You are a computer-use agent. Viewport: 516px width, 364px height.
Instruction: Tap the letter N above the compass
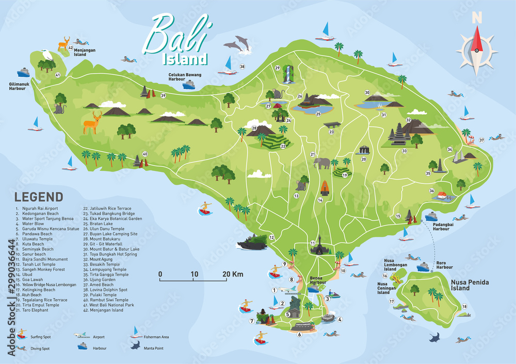coord(477,17)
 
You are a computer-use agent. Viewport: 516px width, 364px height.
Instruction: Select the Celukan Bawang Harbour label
coord(185,77)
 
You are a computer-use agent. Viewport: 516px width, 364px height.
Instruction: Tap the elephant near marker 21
coord(322,163)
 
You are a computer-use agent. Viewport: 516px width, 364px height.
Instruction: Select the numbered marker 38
coord(242,67)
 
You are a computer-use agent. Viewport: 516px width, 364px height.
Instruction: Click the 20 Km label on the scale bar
coord(233,274)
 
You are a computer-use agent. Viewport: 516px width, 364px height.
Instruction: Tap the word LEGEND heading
coord(39,197)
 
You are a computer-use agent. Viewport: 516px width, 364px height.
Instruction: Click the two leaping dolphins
coord(239,44)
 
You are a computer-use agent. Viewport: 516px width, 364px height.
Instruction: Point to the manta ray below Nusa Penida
coord(436,338)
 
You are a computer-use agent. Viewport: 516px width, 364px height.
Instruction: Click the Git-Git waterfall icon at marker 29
coord(287,75)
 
